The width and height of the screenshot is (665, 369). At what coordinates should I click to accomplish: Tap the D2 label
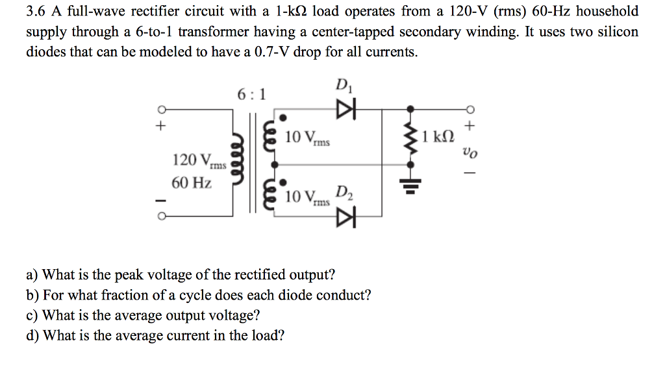tap(344, 193)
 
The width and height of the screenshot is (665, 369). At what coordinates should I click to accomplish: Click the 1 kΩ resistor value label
tap(438, 137)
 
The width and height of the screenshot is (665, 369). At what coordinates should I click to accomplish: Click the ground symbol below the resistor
tap(410, 186)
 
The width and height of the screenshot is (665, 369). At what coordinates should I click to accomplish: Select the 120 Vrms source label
tap(199, 160)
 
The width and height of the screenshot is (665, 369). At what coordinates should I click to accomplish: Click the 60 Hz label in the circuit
tap(192, 183)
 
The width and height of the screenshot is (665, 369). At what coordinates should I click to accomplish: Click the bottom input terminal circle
tap(158, 217)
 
